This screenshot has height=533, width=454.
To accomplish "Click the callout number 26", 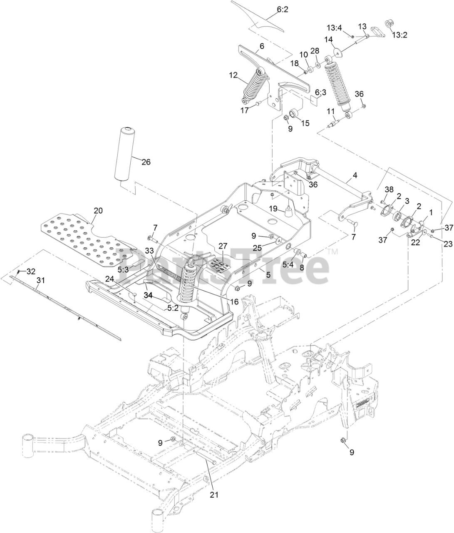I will (146, 162).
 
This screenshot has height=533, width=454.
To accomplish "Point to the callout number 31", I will (40, 281).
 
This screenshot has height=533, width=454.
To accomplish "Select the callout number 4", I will (355, 175).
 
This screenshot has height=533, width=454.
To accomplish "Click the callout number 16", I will (234, 301).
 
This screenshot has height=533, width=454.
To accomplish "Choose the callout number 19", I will (273, 208).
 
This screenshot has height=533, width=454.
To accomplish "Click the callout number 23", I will (447, 244).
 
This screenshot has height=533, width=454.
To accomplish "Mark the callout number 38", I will (389, 189).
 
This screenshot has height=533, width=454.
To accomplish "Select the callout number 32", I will (31, 271).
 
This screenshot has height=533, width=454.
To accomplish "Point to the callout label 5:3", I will (123, 269).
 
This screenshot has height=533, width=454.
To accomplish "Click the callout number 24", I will (109, 279).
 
